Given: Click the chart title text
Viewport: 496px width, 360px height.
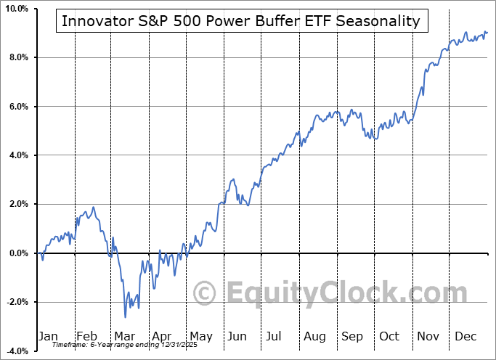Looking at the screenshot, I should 241,21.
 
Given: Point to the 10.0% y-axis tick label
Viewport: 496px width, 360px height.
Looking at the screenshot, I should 16,9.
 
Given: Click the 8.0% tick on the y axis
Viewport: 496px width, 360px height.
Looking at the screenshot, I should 17,57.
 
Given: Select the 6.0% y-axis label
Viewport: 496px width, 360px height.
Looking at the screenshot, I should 17,107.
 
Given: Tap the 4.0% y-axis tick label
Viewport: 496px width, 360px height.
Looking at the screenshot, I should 17,155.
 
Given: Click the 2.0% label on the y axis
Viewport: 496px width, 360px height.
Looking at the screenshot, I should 17,205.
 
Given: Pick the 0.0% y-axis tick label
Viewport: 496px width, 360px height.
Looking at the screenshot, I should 17,253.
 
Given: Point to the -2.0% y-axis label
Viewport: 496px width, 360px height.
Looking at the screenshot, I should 16,302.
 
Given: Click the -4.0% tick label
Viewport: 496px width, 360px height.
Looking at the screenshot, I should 16,351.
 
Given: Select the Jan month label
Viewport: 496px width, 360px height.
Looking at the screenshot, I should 48,336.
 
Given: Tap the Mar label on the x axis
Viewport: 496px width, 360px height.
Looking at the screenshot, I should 124,336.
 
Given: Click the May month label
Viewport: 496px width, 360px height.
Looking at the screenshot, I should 200,336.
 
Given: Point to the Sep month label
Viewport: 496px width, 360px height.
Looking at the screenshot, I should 352,336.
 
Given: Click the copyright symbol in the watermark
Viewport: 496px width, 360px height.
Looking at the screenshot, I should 205,294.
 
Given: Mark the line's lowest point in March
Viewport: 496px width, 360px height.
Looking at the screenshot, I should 125,317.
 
